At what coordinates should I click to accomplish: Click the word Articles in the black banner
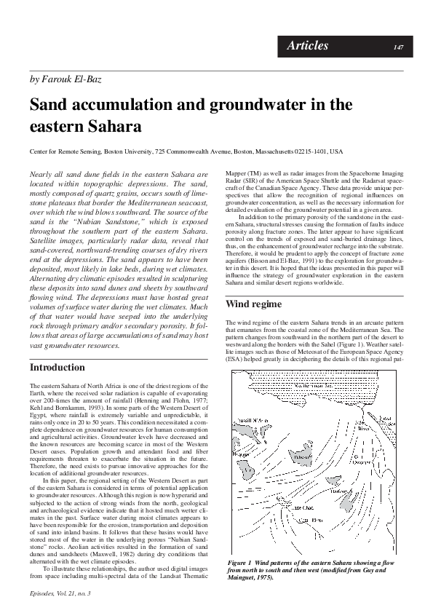pyautogui.click(x=307, y=46)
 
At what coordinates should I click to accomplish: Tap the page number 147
pyautogui.click(x=398, y=47)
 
